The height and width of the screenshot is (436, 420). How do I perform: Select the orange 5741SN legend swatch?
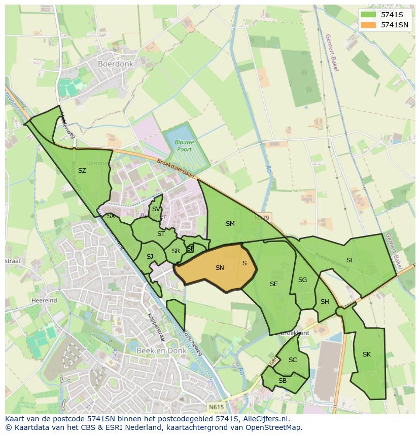pos(368,25)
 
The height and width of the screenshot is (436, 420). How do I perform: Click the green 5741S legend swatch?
pos(368,14)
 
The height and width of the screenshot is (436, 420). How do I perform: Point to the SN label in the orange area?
pos(220,268)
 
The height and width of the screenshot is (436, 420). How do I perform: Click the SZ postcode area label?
pos(82,171)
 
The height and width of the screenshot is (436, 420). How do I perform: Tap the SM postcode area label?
pos(230,224)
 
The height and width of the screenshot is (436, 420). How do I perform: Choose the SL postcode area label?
pos(350,260)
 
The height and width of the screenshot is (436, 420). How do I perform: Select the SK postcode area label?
pos(367,354)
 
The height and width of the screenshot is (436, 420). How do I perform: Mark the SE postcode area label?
pos(274,284)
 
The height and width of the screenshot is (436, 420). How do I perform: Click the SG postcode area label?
pos(303,280)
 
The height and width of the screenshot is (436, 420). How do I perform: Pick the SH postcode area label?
pos(325,302)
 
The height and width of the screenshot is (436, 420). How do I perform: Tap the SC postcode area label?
pos(293,360)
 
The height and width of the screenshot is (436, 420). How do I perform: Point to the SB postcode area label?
pos(283,381)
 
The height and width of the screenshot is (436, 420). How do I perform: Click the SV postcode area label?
pos(156,209)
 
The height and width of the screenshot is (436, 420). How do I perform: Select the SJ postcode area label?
pos(150,257)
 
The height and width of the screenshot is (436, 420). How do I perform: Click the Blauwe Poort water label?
pos(185,146)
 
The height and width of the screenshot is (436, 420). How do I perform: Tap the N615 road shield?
pos(215,406)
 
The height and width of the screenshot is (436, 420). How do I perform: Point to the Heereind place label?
pos(44,300)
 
